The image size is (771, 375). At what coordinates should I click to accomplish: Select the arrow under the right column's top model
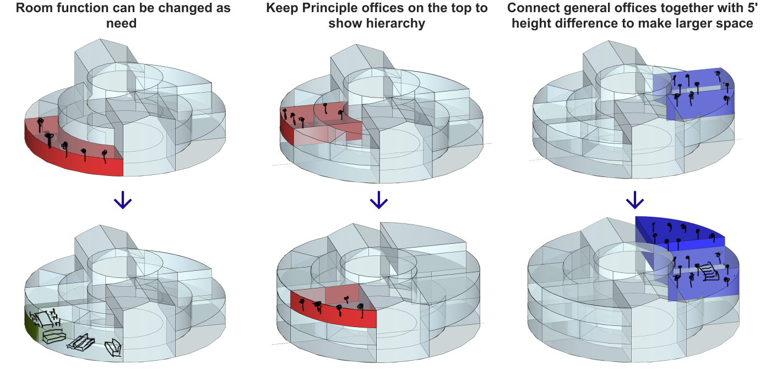coord(634,200)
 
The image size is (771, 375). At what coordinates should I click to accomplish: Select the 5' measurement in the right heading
coord(756,9)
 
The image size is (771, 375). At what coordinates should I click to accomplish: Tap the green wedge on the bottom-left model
coord(31,325)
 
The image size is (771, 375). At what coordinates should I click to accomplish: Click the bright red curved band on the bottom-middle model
coord(336,314)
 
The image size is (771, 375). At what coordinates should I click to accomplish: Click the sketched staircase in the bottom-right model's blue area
coord(708,272)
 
